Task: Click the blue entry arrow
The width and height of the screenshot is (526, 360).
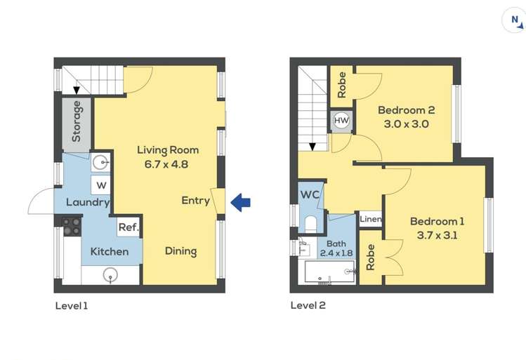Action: coord(240,203)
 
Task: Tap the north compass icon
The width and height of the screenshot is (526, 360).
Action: coord(513,21)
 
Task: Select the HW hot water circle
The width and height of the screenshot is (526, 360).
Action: coord(341,120)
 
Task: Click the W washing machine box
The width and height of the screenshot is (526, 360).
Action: coord(100,185)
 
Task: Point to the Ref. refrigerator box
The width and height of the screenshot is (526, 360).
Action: coord(129,227)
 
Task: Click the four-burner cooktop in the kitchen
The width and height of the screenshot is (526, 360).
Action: coord(72,226)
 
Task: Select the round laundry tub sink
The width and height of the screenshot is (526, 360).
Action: coord(100,164)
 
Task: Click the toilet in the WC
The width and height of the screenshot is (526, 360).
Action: coord(311,224)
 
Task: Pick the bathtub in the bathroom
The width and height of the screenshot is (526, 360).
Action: coord(330,272)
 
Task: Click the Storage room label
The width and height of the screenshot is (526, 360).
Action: coord(76,121)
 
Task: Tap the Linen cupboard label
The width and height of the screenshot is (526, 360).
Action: coord(370,219)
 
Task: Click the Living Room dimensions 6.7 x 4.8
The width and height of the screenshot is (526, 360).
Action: coord(166,164)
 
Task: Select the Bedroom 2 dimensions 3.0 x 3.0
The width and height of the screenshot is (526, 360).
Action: coord(406,124)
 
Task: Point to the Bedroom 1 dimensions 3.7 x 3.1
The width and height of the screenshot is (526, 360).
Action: coord(437,235)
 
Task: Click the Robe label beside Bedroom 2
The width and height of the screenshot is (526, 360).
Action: coord(341,85)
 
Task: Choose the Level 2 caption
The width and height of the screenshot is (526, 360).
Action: coord(308,305)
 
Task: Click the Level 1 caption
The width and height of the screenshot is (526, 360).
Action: coord(72,306)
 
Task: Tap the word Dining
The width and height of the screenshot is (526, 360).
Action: coord(180,251)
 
